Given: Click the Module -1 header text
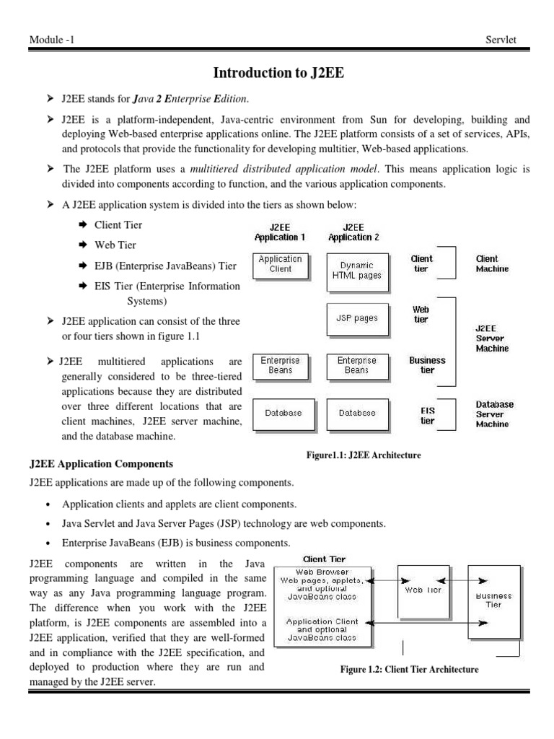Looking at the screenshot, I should click(x=51, y=40).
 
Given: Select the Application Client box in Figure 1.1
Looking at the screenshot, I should click(x=280, y=264).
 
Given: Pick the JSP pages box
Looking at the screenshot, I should click(x=356, y=318).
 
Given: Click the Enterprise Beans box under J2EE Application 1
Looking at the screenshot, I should click(x=280, y=365).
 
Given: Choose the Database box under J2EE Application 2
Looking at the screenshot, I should click(x=356, y=414).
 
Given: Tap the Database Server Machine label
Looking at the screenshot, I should click(x=494, y=414).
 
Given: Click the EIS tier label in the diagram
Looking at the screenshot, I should click(x=427, y=416).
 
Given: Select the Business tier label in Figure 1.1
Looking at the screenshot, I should click(x=427, y=365).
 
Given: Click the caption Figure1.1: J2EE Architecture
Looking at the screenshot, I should click(x=364, y=455).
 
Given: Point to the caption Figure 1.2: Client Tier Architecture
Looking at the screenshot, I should click(x=409, y=669).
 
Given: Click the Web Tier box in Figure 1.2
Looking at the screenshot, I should click(x=423, y=590).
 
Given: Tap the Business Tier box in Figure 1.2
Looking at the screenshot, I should click(x=494, y=600).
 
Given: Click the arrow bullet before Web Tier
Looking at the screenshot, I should click(x=82, y=245).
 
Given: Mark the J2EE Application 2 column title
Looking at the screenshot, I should click(x=353, y=232).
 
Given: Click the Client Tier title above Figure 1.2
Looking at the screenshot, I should click(x=324, y=559).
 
